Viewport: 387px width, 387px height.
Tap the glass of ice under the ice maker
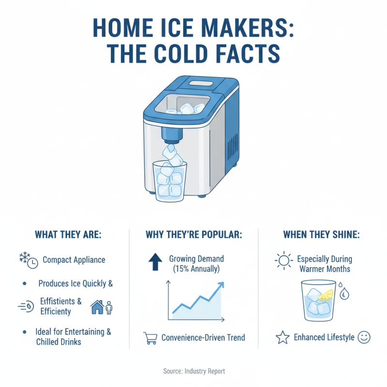pyautogui.click(x=169, y=181)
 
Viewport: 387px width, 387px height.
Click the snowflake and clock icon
pyautogui.click(x=28, y=260)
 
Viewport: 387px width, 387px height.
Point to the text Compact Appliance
pyautogui.click(x=74, y=260)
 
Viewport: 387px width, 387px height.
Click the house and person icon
pyautogui.click(x=101, y=306)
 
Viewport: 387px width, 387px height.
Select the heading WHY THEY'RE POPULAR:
pyautogui.click(x=194, y=235)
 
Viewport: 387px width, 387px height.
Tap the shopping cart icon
pyautogui.click(x=150, y=338)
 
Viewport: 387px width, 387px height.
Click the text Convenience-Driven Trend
pyautogui.click(x=203, y=338)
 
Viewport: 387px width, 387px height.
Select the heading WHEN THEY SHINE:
pyautogui.click(x=322, y=235)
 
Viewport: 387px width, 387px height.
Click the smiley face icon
pyautogui.click(x=364, y=337)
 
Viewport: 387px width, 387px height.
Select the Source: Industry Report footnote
pyautogui.click(x=193, y=371)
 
